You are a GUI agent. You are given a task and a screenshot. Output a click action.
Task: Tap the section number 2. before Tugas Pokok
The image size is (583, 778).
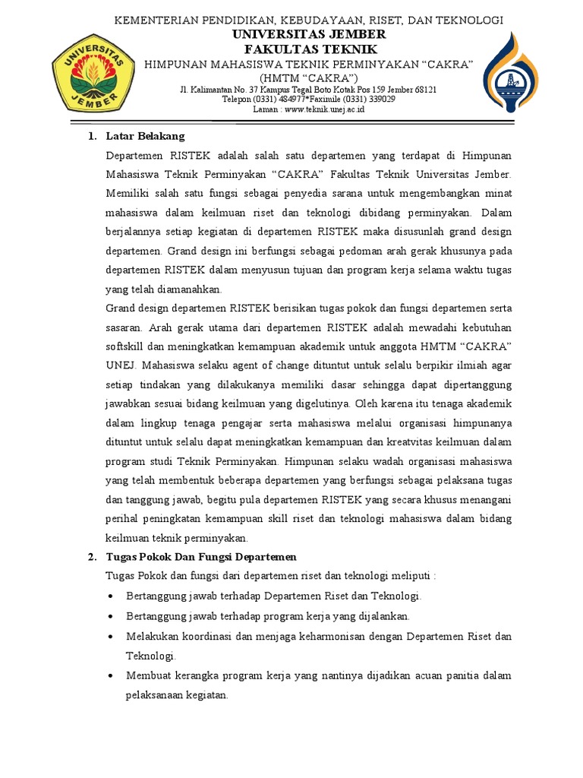pos(91,557)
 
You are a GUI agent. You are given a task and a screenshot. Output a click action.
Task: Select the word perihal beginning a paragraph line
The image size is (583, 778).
pos(124,519)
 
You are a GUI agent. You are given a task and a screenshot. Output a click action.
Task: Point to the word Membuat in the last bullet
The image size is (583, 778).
pos(150,675)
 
